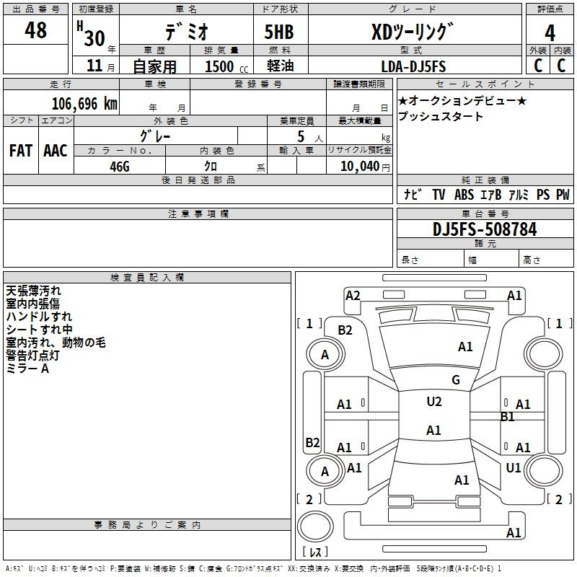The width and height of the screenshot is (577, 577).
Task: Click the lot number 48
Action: point(35,30)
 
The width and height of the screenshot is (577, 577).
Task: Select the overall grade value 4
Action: point(550,33)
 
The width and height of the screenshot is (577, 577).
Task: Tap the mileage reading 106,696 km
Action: point(84,104)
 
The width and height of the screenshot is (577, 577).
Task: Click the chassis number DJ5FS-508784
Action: point(485,229)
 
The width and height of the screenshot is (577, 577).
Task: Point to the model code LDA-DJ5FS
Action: point(413,66)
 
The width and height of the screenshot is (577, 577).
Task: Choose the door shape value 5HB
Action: point(279,32)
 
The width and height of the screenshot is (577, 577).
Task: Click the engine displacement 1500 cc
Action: point(226,66)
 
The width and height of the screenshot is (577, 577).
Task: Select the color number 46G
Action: point(120,167)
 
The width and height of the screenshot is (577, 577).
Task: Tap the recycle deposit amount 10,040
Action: point(360,166)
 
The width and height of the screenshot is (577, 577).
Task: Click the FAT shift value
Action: point(21,151)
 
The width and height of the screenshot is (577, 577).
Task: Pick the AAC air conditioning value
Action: point(56,151)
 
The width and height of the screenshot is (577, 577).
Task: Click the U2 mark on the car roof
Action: point(434,402)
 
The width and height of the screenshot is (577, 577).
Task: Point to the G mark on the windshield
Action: point(456,379)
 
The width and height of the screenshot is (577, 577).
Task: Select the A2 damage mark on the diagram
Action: point(353,296)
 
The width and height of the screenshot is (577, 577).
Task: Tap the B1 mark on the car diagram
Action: point(507,417)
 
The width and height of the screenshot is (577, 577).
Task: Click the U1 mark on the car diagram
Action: point(514,467)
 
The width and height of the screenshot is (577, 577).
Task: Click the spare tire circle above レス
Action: point(315,527)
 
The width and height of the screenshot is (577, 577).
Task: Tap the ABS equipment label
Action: point(464,194)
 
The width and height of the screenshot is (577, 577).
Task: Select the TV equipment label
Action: point(439,194)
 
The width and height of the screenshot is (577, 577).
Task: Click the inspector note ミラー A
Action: point(27,369)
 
